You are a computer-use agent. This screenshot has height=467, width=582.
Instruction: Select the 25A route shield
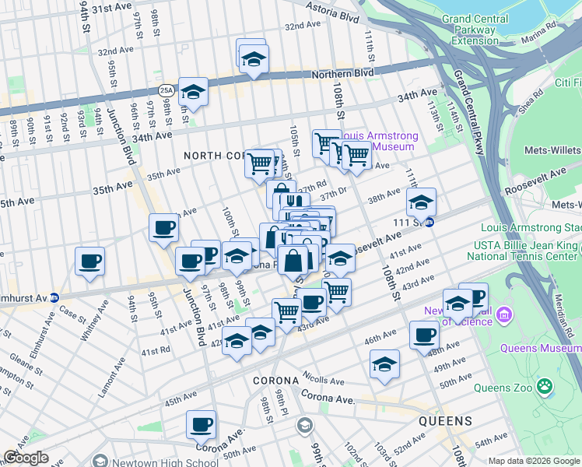(x=166, y=91)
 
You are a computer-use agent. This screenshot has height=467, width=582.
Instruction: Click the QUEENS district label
(x=445, y=421)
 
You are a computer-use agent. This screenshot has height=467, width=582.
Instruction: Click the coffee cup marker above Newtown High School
(x=202, y=424)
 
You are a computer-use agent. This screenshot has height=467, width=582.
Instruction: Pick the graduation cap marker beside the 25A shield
(x=193, y=91)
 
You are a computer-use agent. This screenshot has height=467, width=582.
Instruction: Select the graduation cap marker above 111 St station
(x=421, y=202)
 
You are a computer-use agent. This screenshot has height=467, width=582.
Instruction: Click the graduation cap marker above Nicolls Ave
(x=384, y=363)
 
